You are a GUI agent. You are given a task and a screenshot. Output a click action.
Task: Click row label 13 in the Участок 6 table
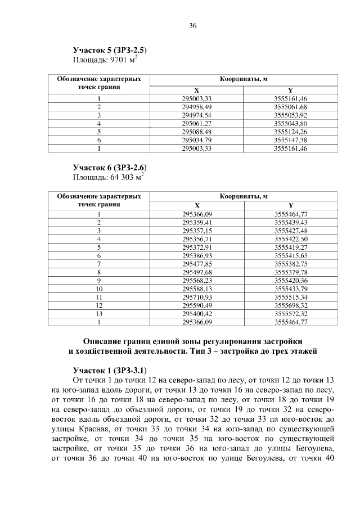[98, 313]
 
